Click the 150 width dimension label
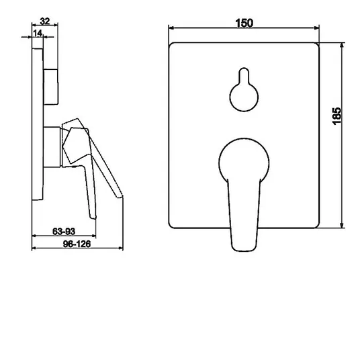coord(244,23)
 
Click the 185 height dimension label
coord(337,116)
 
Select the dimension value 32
coord(45,21)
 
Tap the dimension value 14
coord(38,34)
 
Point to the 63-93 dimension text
coord(64,231)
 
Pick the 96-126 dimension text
coord(77,244)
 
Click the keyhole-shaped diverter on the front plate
coord(244,89)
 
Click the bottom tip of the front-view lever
coord(244,251)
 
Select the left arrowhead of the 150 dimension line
coord(171,28)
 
